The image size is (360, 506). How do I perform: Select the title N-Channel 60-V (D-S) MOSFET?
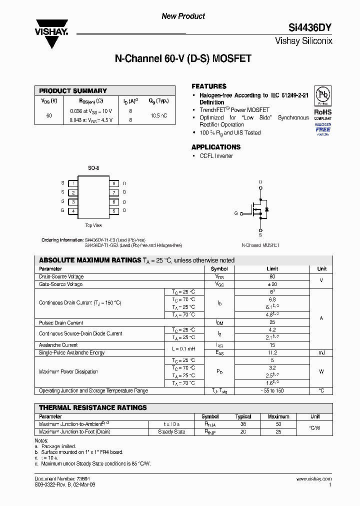(x=183, y=59)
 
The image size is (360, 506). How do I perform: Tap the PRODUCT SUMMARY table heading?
(x=73, y=90)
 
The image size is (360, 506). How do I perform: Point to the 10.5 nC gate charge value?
(x=158, y=115)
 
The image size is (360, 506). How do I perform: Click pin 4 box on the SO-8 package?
(x=73, y=211)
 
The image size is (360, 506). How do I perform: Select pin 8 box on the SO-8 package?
(x=113, y=183)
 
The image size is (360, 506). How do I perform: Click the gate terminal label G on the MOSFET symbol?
(x=236, y=213)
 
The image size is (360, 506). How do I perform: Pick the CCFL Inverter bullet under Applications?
(x=216, y=156)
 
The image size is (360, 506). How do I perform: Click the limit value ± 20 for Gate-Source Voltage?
(x=272, y=284)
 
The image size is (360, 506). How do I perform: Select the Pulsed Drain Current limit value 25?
(x=272, y=322)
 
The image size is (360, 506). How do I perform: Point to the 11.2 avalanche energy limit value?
(x=272, y=352)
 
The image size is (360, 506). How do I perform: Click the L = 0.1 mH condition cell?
(x=183, y=348)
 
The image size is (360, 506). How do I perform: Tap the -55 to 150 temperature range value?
(x=272, y=390)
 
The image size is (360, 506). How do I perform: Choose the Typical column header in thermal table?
(x=243, y=416)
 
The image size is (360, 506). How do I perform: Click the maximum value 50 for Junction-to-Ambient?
(x=278, y=424)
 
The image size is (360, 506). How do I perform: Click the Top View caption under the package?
(x=93, y=225)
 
